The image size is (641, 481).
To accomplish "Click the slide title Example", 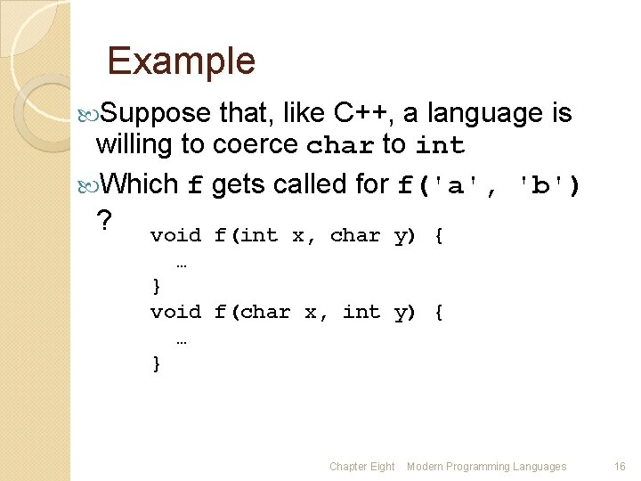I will coord(181,61).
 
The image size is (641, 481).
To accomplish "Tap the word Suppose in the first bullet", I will coord(156,114).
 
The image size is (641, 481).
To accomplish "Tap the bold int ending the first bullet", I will coord(440,145).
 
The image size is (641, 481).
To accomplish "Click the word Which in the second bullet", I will coord(141,184).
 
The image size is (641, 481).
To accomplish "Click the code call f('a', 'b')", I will coord(489,185).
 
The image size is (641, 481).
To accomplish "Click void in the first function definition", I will coord(175,236).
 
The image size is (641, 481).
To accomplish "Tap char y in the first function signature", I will coord(371,236).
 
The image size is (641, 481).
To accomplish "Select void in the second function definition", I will coord(175,313).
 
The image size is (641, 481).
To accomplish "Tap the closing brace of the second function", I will coord(157,363).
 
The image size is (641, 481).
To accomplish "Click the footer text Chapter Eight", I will coord(361,467).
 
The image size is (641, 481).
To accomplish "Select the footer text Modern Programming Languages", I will coord(486,467).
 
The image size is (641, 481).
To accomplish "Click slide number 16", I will coord(620,467).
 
